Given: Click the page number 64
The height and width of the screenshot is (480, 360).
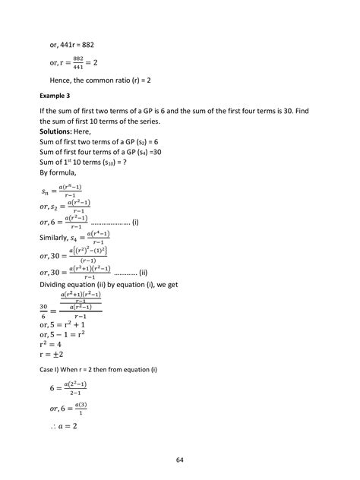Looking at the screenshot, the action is coord(180,459).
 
